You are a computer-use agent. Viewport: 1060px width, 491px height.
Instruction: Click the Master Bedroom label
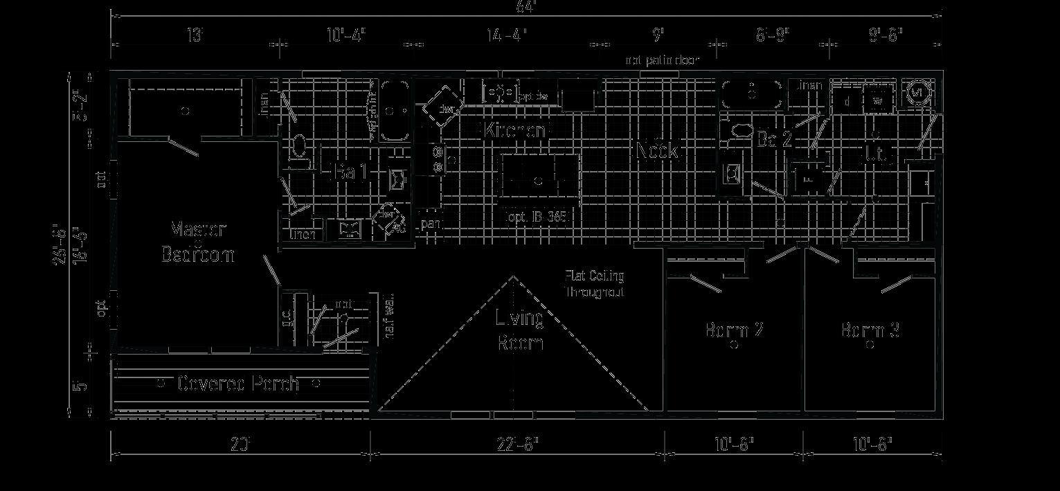(198, 242)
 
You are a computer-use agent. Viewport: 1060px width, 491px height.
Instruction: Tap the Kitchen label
(515, 130)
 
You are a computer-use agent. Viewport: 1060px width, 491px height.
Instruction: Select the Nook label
(658, 150)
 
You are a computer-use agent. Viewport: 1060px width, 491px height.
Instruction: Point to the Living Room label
(519, 330)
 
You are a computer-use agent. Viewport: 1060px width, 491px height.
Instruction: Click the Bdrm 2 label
(734, 330)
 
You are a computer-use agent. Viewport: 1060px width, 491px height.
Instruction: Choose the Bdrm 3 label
(870, 330)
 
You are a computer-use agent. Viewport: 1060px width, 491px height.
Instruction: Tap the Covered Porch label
(238, 383)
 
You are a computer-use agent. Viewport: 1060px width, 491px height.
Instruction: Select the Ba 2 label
(774, 139)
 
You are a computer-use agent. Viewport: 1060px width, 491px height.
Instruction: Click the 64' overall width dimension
(526, 7)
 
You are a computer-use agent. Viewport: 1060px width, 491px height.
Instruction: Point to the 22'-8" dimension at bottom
(517, 444)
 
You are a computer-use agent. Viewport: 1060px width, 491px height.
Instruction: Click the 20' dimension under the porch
(240, 444)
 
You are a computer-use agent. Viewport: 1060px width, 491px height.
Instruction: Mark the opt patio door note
(662, 60)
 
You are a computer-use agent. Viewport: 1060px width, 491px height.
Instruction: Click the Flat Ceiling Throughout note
(595, 284)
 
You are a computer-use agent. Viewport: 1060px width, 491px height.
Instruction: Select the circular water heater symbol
(917, 92)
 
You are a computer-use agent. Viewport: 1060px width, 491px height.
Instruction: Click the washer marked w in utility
(878, 100)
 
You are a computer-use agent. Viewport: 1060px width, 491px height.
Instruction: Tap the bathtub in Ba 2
(753, 91)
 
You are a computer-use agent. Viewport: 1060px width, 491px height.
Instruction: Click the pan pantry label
(431, 224)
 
